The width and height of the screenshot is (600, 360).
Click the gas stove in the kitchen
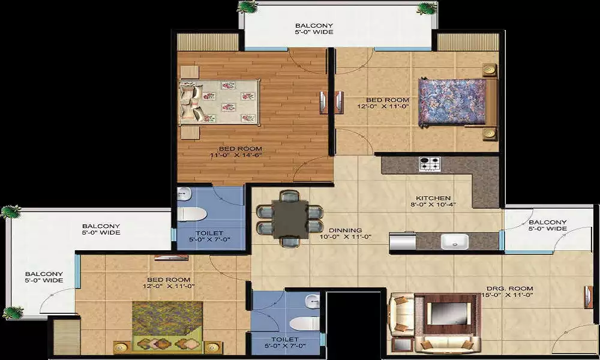tap(430, 164)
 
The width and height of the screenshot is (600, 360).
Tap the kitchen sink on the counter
tap(454, 241)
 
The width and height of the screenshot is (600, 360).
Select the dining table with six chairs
tap(290, 219)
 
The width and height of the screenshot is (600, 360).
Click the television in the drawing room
tap(448, 313)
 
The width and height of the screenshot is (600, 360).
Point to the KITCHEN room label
tap(433, 198)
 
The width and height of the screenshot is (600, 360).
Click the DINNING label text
tap(346, 230)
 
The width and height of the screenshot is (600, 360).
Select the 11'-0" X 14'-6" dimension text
tap(236, 155)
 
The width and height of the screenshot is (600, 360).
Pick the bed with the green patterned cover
tap(167, 326)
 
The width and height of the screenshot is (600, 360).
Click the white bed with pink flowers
tap(220, 102)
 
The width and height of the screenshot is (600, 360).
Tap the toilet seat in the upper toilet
tap(192, 214)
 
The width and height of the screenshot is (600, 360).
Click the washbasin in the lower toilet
tap(312, 301)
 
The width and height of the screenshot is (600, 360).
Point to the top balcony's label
tap(314, 29)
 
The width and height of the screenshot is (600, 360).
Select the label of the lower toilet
tap(285, 343)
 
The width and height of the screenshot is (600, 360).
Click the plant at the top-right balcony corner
tap(427, 8)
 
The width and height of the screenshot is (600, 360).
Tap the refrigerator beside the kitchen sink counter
tap(403, 241)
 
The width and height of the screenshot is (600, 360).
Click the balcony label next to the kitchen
tap(548, 226)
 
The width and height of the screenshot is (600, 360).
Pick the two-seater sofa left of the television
tap(401, 314)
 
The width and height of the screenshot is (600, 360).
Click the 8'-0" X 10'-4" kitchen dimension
tap(433, 205)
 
